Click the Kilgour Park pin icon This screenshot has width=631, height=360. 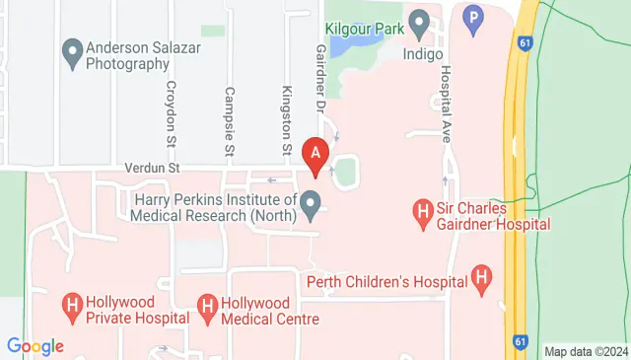[419, 22]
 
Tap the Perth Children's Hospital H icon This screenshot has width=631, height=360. [482, 280]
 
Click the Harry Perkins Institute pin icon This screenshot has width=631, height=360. [311, 207]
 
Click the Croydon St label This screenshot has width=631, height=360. [172, 112]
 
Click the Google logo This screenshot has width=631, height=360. [35, 346]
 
